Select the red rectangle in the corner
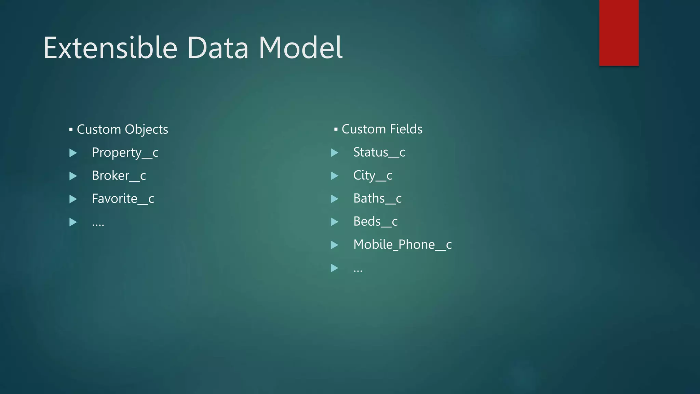pos(619,32)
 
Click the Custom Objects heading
pos(122,130)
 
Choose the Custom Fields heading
pos(382,129)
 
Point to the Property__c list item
pos(125,153)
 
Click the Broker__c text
pos(119,176)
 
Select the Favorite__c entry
pos(123,199)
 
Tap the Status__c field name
pos(379,153)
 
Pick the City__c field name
pos(373,176)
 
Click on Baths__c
pos(377,199)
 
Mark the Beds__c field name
pos(375,222)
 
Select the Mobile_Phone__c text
pos(402,245)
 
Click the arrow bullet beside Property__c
pos(73,153)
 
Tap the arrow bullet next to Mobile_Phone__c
pos(335,245)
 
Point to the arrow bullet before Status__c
pos(335,153)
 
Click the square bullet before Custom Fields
pos(336,129)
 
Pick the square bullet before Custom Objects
pos(71,130)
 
